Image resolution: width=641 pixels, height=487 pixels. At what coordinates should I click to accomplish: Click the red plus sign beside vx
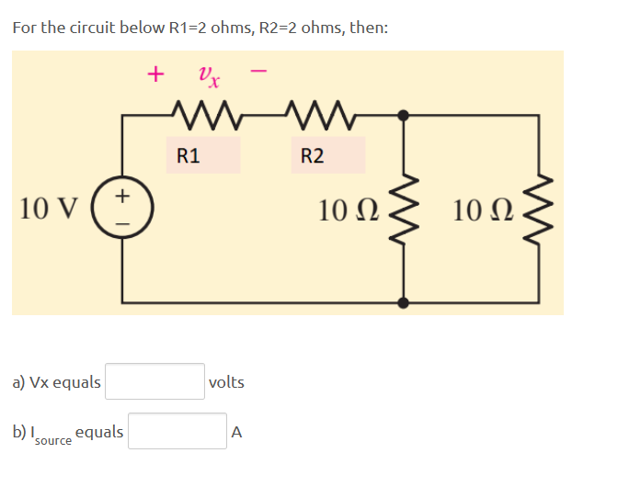(157, 73)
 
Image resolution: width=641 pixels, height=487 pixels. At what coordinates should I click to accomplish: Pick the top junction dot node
(403, 116)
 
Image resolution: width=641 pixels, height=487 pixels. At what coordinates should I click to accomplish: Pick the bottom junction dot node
(403, 301)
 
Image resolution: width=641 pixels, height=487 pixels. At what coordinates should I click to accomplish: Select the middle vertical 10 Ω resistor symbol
(403, 209)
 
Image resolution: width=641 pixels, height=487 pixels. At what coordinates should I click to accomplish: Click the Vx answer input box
(155, 381)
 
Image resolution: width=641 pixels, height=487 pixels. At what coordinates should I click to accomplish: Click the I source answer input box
(177, 431)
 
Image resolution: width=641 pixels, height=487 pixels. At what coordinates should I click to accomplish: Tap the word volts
(226, 382)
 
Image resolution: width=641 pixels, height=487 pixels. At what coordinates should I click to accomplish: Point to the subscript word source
(52, 441)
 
